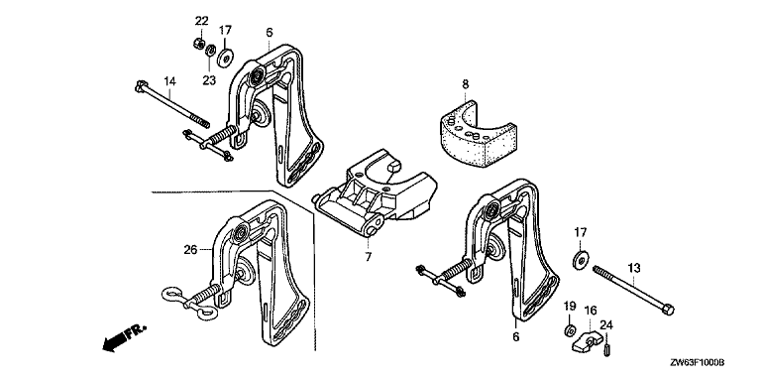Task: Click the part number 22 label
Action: click(x=201, y=21)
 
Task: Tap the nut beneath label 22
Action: click(x=197, y=44)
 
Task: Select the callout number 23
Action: click(x=209, y=80)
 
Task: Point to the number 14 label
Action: click(x=168, y=81)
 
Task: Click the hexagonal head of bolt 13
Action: click(x=668, y=309)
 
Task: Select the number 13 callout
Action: click(x=634, y=268)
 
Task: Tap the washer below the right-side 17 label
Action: click(x=581, y=259)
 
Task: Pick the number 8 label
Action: click(x=466, y=84)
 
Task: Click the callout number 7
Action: click(x=369, y=257)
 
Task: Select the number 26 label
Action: click(x=190, y=250)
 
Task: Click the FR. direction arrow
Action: click(x=124, y=337)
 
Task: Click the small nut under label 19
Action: click(x=569, y=330)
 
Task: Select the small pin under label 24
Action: click(x=606, y=349)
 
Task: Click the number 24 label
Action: click(x=606, y=325)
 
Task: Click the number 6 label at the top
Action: click(x=270, y=33)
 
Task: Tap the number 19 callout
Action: click(x=570, y=306)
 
